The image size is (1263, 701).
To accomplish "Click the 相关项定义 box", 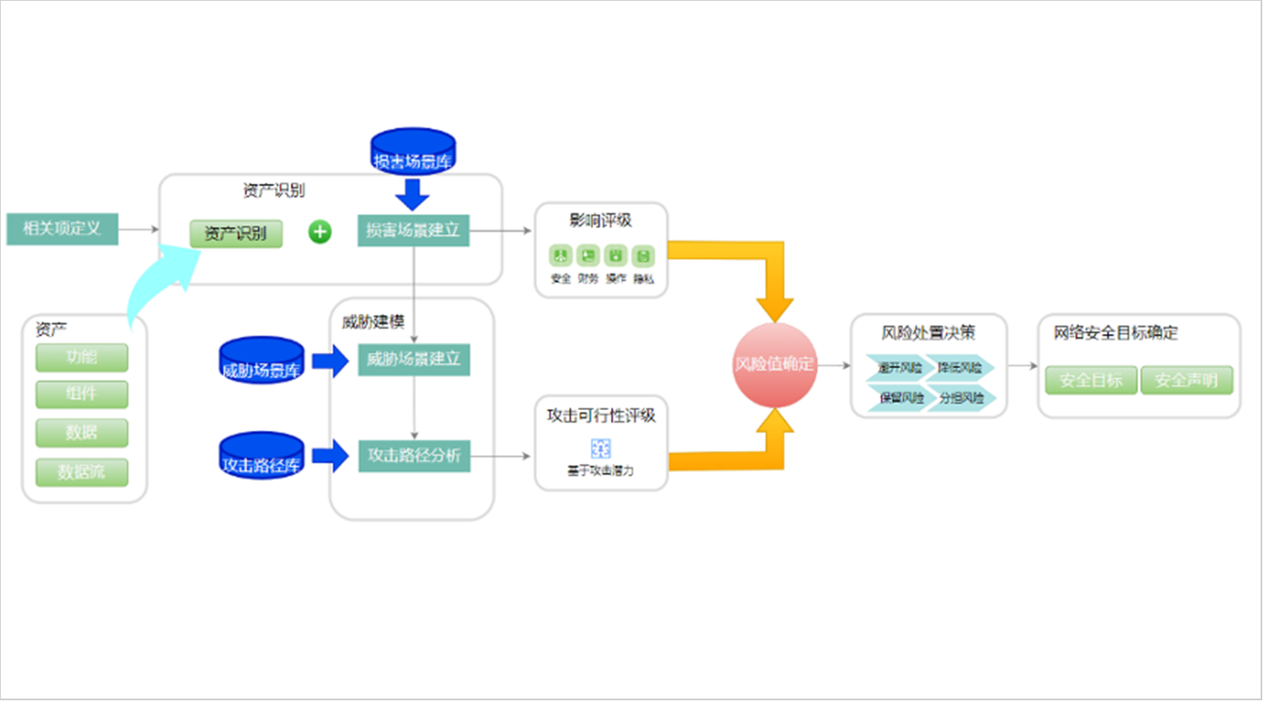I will [62, 229].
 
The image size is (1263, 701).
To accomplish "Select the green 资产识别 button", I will [235, 234].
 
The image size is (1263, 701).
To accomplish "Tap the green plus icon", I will [320, 232].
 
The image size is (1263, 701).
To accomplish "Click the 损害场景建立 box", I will [413, 230].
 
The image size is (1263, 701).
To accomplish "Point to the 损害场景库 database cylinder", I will [413, 151].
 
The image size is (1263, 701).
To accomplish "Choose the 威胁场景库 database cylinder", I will [261, 361].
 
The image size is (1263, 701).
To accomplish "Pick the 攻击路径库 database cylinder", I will [261, 455].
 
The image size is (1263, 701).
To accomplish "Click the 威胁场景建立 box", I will [414, 359].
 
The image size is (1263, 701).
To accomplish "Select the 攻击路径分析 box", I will [414, 455].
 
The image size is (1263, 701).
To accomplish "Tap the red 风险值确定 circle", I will [774, 365].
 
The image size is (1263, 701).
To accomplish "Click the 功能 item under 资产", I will [82, 358].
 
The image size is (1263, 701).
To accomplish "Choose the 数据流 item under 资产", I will [82, 472].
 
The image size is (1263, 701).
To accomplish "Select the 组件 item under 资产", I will [82, 394].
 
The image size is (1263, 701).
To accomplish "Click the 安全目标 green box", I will [1091, 381].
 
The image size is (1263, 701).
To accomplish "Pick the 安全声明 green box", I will [1186, 381].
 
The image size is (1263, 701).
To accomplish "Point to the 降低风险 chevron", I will [960, 367].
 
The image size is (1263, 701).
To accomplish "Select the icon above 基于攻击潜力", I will [601, 448].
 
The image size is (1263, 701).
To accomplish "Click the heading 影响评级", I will [601, 220].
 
